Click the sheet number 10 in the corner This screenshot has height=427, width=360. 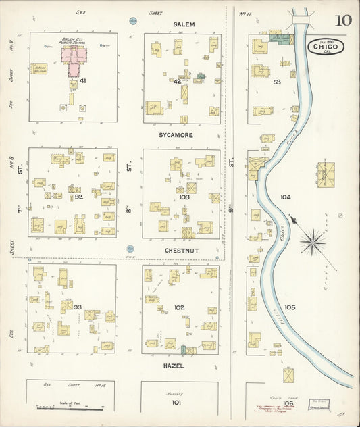(x=342, y=20)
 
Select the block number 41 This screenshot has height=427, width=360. (x=82, y=80)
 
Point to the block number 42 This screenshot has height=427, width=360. (x=177, y=81)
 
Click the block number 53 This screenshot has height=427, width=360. (x=276, y=82)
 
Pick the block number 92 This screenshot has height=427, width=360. (x=78, y=197)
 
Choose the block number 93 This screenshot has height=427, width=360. (x=78, y=307)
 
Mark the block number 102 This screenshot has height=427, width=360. (x=179, y=307)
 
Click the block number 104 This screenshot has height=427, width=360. (x=285, y=197)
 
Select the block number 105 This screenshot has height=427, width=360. (x=290, y=307)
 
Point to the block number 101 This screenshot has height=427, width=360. (x=176, y=402)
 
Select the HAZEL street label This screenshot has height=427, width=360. (x=173, y=365)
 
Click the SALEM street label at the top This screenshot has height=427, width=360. (x=184, y=24)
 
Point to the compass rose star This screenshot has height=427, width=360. (x=313, y=241)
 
